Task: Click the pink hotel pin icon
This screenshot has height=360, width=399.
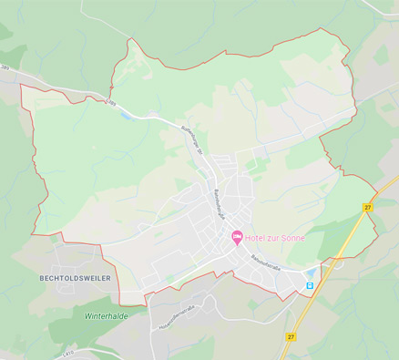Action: click(x=237, y=238)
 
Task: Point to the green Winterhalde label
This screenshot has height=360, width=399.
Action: click(x=107, y=315)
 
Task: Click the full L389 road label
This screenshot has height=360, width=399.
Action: click(x=111, y=103)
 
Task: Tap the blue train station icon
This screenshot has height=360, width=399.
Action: click(x=309, y=285)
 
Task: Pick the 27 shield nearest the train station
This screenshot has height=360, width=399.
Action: click(x=291, y=336)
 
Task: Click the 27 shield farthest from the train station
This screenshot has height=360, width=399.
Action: click(x=369, y=209)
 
